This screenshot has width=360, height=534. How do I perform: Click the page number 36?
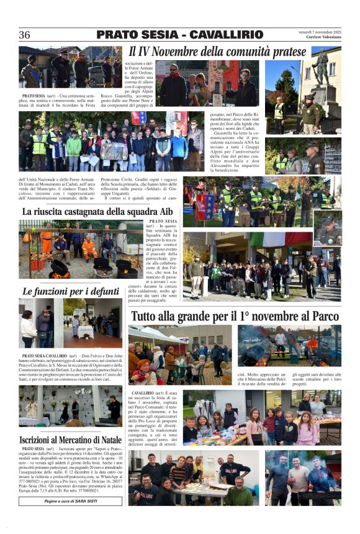(25, 35)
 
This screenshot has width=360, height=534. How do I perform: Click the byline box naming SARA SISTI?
(70, 500)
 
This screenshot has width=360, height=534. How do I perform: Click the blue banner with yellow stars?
(205, 206)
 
